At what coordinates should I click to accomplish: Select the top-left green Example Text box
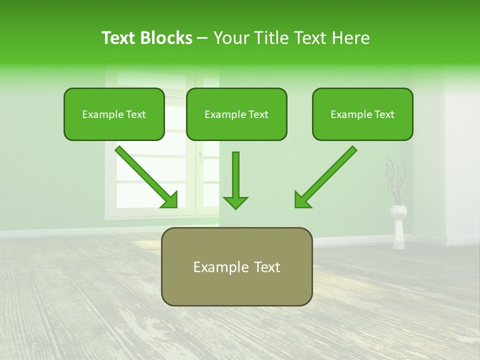point(114,114)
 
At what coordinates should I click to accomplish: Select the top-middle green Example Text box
point(236,114)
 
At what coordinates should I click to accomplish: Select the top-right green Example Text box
point(362,114)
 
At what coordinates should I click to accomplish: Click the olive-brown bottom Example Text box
point(236,267)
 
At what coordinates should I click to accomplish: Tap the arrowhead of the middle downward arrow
point(235,202)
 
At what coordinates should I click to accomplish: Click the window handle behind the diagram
point(201,157)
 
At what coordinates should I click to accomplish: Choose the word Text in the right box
point(384,114)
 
